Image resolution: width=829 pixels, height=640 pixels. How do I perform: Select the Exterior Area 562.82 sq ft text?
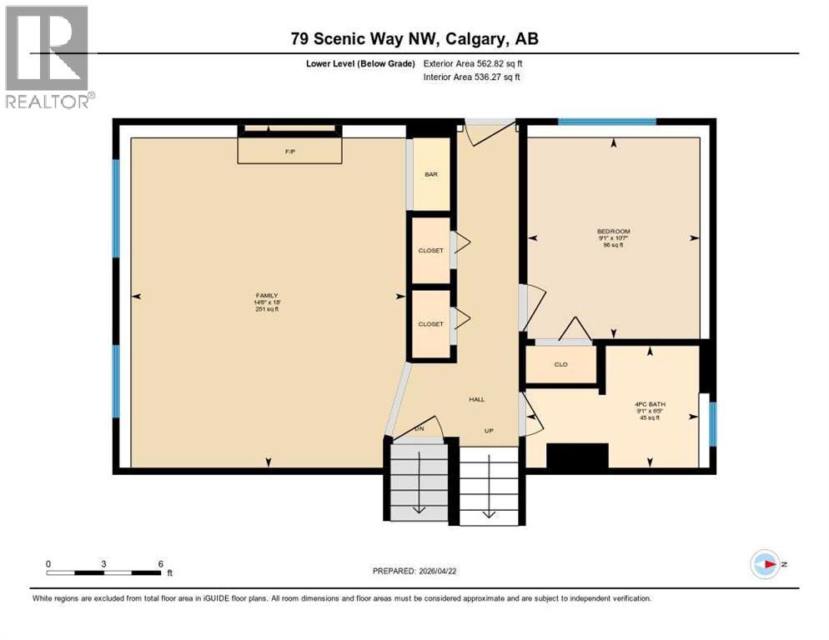[x=473, y=63]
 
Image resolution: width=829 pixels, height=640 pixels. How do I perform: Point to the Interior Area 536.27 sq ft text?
[x=473, y=77]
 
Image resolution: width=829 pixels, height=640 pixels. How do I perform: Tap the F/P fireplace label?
[x=289, y=152]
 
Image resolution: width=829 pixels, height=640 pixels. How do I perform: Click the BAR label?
[x=431, y=174]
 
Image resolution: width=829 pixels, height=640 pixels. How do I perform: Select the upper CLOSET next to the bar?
[x=430, y=250]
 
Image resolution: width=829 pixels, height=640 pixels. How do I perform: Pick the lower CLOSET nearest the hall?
[x=430, y=324]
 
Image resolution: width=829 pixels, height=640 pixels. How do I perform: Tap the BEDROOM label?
[x=613, y=237]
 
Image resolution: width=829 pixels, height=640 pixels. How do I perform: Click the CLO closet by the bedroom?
[x=560, y=364]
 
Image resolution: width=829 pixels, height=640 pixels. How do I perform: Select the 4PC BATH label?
[x=651, y=411]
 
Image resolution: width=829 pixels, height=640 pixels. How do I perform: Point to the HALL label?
[x=476, y=400]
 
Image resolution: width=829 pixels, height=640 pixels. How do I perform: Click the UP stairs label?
[x=490, y=431]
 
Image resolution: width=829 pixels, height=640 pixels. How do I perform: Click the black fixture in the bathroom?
[x=577, y=456]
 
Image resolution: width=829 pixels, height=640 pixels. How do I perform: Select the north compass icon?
[x=765, y=563]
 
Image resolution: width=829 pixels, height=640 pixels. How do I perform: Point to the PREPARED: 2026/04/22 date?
[x=415, y=571]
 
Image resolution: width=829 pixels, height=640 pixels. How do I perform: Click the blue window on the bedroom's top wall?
[x=606, y=122]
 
